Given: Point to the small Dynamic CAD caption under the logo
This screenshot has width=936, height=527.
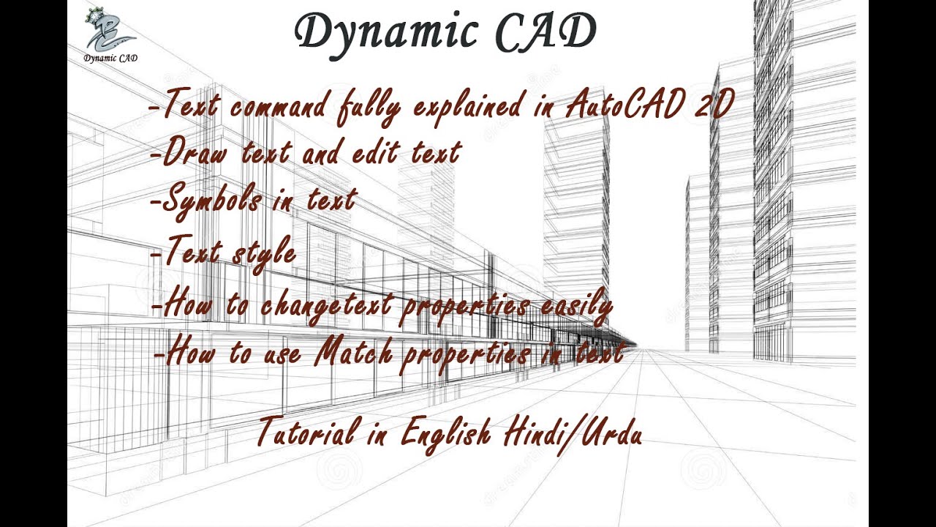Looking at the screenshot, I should [110, 59].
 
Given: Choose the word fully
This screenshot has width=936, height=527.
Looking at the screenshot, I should [369, 109].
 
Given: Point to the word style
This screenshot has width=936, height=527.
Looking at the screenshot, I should [264, 253].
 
